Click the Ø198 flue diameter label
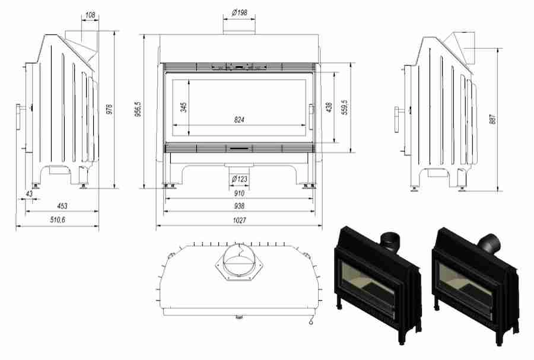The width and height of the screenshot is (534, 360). point(240,12)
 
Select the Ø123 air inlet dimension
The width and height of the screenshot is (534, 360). point(239,179)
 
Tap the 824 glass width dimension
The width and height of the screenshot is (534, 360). point(239,120)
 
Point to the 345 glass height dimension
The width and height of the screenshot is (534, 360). point(184,107)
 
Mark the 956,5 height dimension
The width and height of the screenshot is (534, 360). point(138,110)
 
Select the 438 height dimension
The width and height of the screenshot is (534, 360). point(329,107)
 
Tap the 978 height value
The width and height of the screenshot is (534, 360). point(109,110)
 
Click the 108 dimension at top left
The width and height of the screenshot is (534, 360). point(90,12)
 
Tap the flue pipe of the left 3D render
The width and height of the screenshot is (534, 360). point(390,240)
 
